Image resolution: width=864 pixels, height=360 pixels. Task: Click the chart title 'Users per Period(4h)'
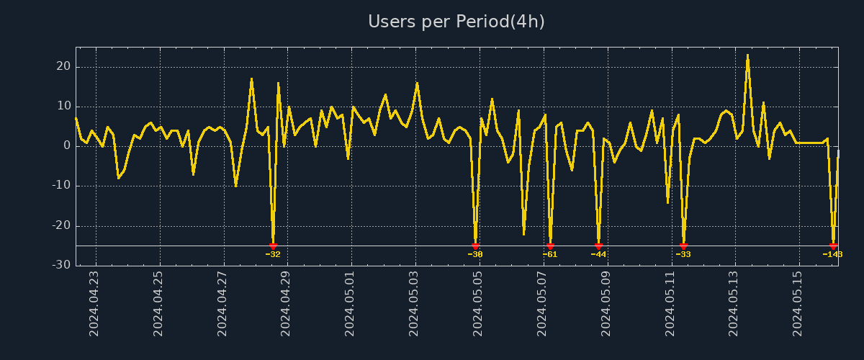(x=456, y=22)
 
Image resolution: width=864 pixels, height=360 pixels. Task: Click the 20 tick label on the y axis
(x=63, y=67)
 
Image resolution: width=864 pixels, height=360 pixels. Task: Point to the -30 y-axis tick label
(x=60, y=266)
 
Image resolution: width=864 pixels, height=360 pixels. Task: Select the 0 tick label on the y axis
(x=66, y=146)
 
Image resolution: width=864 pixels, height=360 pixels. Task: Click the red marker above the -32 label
(x=273, y=246)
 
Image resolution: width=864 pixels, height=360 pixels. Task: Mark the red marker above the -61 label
(x=550, y=246)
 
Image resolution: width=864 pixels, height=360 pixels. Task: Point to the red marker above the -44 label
(x=598, y=246)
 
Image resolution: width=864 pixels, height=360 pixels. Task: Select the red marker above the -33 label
(x=683, y=246)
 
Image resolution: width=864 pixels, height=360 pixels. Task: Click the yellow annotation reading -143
(x=832, y=254)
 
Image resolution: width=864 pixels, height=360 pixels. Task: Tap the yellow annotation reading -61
(x=550, y=254)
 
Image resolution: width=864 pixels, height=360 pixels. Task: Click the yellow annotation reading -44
(x=598, y=254)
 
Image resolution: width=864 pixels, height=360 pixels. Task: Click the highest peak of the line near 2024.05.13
(x=747, y=55)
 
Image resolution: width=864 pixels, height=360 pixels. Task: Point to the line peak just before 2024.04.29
(x=278, y=83)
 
